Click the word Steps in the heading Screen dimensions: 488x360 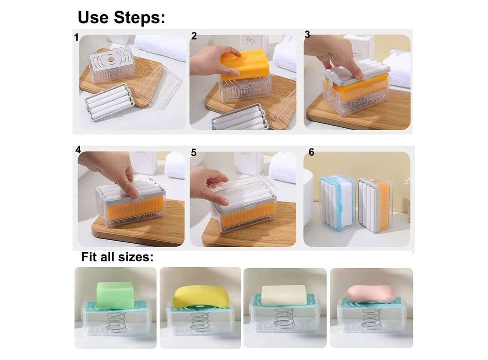point(139,18)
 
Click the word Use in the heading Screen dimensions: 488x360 point(93,17)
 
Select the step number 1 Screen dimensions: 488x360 point(76,38)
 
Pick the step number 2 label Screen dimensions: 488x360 point(194,36)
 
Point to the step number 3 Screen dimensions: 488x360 point(307,35)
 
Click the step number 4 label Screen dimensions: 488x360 point(78,150)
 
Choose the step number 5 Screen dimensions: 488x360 point(193,153)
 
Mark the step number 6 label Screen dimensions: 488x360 point(311,152)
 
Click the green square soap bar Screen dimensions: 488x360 point(115,294)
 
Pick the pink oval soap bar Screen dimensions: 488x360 point(372,294)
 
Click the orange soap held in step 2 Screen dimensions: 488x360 point(245,64)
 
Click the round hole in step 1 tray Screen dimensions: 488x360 point(110,58)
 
